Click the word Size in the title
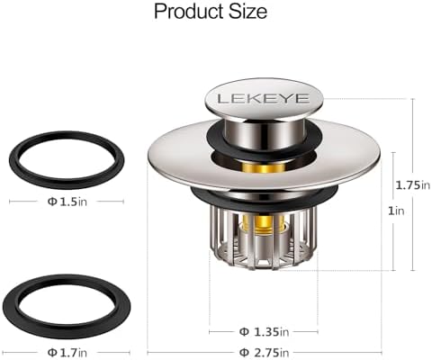(248, 12)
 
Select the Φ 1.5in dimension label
(67, 202)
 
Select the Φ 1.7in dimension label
(67, 352)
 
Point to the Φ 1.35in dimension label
(264, 332)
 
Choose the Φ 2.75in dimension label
(264, 352)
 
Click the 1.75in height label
(413, 185)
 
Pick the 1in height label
(396, 211)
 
